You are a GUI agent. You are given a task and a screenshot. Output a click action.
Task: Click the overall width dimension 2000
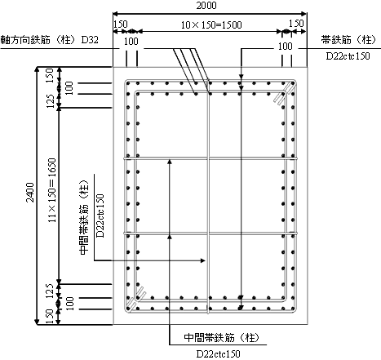pos(206,6)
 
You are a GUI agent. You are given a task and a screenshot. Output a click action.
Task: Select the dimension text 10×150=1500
pos(211,25)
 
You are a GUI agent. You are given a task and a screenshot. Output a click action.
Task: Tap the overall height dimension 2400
pos(30,193)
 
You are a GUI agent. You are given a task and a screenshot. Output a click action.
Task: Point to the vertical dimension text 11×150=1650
pos(52,190)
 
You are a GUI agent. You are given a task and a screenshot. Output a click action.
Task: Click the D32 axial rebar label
pos(90,40)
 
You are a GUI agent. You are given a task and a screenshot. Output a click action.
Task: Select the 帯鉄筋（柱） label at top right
pos(348,40)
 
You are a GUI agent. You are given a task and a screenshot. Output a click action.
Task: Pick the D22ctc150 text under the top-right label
pos(348,56)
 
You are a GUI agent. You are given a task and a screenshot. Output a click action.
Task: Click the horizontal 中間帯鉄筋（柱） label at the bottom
pos(222,338)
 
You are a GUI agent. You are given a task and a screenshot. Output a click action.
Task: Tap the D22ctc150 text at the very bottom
pos(219,354)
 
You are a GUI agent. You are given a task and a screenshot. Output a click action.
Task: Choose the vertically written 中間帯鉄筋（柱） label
pos(84,217)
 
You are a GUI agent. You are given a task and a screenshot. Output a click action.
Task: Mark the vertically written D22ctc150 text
pos(100,216)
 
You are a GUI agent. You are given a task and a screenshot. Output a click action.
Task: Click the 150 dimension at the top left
pos(120,24)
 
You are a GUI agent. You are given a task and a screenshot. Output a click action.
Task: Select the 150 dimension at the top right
pos(296,24)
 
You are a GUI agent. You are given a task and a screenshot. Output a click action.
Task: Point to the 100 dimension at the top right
pos(285,47)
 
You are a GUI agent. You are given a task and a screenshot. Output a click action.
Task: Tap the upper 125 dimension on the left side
pos(50,101)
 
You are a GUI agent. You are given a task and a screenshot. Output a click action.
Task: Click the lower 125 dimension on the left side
pos(50,291)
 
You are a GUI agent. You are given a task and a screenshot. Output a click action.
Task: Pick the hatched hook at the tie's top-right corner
pos(283,94)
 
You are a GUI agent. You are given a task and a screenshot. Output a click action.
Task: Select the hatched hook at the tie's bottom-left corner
pos(137,299)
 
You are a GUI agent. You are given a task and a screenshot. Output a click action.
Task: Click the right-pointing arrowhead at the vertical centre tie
pos(202,260)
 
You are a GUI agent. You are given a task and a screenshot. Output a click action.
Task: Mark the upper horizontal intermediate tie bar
pos(210,158)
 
